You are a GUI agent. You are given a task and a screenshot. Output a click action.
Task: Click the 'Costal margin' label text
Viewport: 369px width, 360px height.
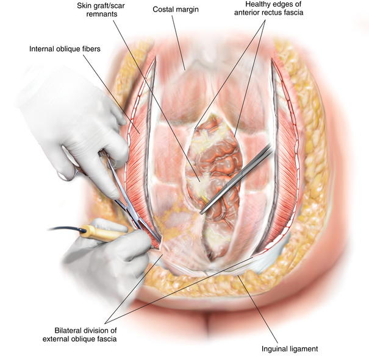[x=176, y=10]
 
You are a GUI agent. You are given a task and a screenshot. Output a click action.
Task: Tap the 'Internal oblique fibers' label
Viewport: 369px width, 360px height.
[x=65, y=49]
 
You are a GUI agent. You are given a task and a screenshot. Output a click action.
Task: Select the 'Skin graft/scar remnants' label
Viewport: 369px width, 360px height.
[x=101, y=10]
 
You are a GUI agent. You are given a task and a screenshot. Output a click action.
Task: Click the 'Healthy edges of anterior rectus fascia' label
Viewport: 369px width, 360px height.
[x=268, y=9]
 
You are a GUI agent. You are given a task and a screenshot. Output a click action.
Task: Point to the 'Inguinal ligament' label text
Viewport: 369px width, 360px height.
[x=290, y=348]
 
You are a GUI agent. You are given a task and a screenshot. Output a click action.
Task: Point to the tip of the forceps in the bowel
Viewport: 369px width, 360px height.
[x=201, y=213]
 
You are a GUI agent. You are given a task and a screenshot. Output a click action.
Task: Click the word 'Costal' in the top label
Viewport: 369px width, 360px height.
[x=162, y=9]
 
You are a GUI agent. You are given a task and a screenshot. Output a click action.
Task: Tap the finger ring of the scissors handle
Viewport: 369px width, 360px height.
[x=68, y=169]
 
